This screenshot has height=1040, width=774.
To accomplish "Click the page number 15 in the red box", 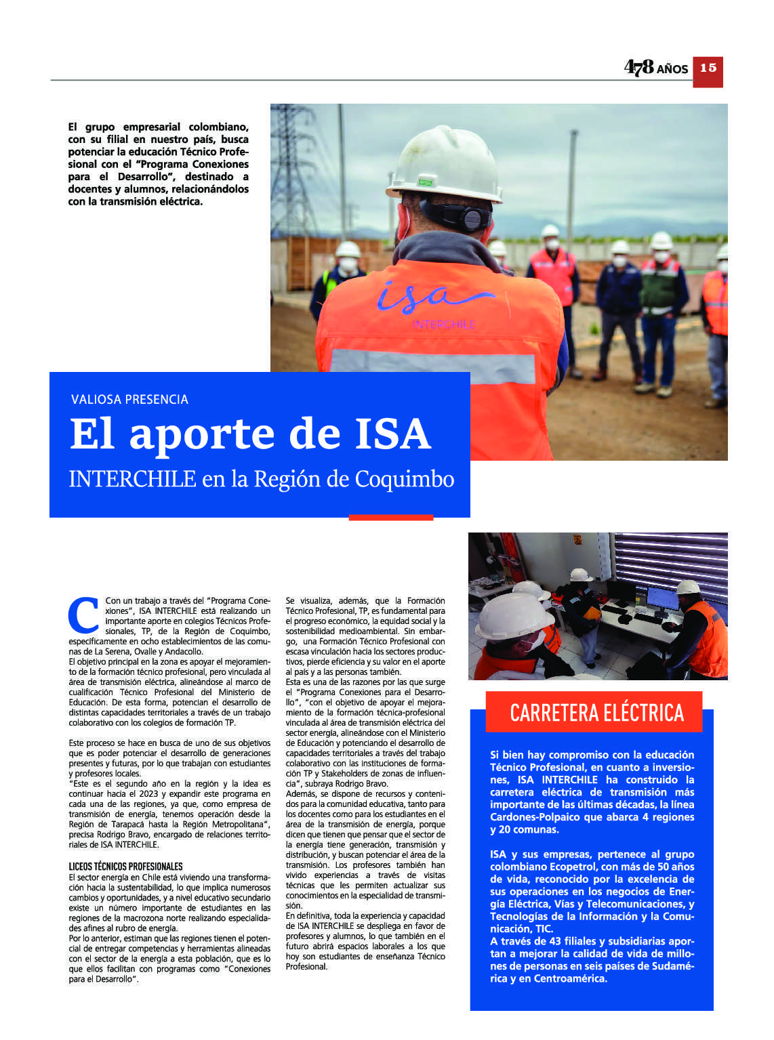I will pos(708,68).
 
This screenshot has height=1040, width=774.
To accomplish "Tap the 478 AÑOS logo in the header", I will pos(655,67).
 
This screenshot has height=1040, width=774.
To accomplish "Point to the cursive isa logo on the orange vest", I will pos(434,297).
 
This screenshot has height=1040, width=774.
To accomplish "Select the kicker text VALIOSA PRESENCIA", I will pos(129,400).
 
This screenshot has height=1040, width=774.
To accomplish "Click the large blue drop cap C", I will pos(85,615).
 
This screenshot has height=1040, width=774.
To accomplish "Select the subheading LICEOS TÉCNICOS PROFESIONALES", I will pos(125,867).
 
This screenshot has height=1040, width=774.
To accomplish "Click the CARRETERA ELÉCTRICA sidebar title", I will pos(596,713).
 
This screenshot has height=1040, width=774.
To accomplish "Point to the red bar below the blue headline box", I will pos(391,518).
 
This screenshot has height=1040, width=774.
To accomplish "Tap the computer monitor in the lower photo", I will pos(661,598).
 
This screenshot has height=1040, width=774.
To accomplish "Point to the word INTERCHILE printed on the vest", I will pos(444,325).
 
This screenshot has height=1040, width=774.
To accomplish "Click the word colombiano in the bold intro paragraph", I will pos(218,127).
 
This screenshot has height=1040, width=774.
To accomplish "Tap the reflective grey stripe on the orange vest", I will pos(434,366).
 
